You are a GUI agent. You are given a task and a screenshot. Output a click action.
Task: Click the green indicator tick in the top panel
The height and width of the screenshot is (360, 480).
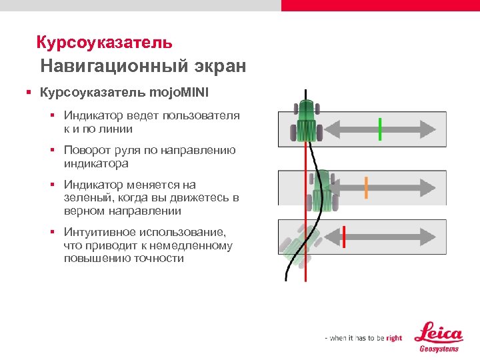click(x=380, y=128)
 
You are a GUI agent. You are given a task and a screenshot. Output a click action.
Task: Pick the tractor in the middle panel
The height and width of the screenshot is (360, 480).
click(x=322, y=190)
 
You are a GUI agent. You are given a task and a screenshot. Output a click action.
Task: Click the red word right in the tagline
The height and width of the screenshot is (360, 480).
click(x=394, y=338)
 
